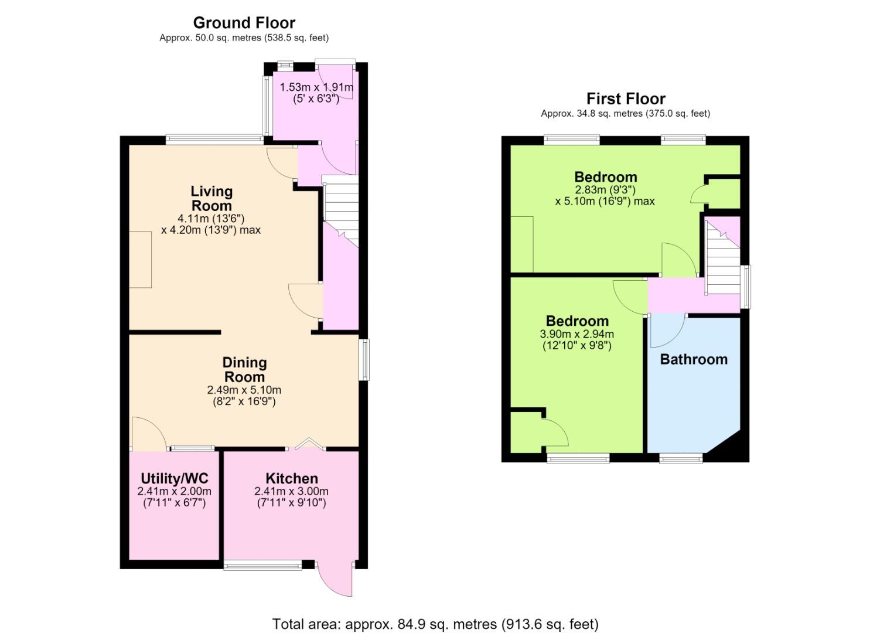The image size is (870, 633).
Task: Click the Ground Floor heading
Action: [244, 23]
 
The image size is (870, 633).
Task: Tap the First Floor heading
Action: [626, 98]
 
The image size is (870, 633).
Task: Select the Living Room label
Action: [211, 198]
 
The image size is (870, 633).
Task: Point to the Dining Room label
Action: [244, 369]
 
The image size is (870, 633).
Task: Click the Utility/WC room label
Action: [175, 478]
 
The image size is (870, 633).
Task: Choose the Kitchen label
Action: [292, 478]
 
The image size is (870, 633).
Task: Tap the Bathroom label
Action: [694, 359]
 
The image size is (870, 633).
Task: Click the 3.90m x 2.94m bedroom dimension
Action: [576, 334]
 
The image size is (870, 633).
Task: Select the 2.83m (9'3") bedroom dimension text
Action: [605, 190]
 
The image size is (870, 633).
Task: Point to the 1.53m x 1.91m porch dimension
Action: [316, 87]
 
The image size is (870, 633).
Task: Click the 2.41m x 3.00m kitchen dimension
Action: [291, 491]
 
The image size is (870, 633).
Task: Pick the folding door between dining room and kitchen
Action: [309, 444]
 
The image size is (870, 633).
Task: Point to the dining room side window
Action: [364, 360]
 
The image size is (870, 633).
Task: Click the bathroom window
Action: [681, 458]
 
